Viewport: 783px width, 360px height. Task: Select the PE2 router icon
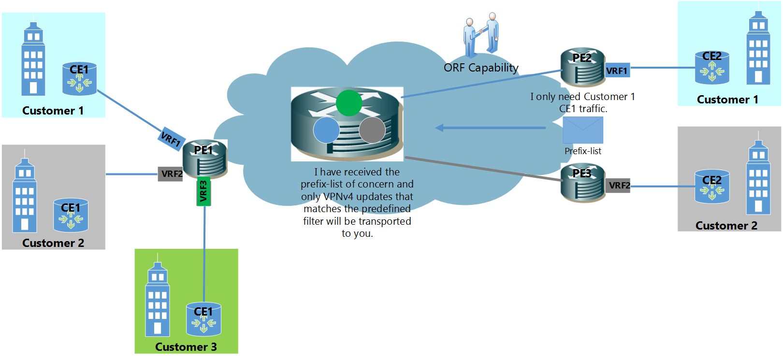point(582,67)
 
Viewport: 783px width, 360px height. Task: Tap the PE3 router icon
point(582,183)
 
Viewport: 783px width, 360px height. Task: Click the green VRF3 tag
point(203,191)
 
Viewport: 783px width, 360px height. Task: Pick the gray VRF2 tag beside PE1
point(171,174)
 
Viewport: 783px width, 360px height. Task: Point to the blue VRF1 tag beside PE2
point(617,71)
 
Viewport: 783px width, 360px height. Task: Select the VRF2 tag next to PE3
point(618,185)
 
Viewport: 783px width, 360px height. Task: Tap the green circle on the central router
point(349,102)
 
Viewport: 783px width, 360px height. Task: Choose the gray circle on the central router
point(372,130)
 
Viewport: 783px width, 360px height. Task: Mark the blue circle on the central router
point(327,130)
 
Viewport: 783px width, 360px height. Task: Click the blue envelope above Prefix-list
point(583,130)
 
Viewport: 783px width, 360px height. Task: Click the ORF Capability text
point(481,68)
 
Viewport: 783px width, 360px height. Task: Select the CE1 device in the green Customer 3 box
point(203,319)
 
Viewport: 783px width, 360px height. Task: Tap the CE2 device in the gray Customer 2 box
point(711,187)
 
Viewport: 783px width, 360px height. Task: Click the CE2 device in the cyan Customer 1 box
point(711,68)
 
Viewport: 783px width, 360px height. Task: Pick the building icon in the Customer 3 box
point(158,300)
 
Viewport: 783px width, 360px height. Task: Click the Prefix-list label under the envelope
point(583,151)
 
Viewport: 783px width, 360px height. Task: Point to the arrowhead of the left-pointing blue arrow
point(438,128)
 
